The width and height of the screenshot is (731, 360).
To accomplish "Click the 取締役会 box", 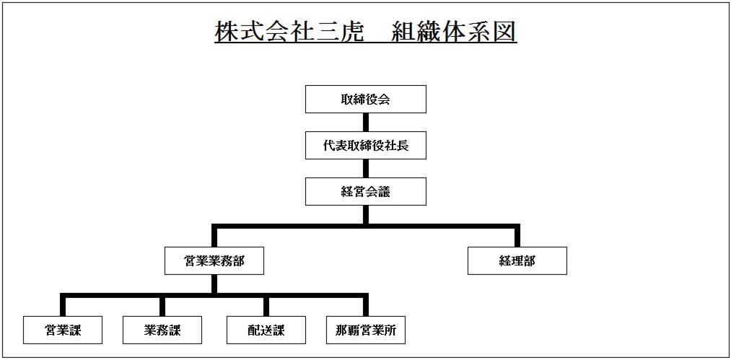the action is click(x=365, y=99).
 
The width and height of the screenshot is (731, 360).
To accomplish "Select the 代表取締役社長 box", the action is click(x=365, y=145).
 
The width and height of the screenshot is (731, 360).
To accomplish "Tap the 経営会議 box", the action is click(x=365, y=191).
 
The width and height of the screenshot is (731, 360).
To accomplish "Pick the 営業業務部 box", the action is click(x=214, y=260).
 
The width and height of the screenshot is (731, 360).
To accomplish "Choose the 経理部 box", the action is click(x=517, y=260).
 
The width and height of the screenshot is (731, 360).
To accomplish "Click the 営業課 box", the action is click(x=63, y=330).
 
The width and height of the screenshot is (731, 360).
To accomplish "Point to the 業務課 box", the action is click(x=162, y=330).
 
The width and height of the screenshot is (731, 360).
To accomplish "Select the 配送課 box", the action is click(x=266, y=330).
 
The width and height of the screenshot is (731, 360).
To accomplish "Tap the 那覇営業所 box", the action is click(x=366, y=330).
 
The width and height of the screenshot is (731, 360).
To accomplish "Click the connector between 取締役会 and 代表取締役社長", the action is click(x=366, y=122).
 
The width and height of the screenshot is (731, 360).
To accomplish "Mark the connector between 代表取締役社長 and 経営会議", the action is click(x=366, y=168).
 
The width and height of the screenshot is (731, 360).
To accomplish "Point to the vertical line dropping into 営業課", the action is click(x=63, y=304).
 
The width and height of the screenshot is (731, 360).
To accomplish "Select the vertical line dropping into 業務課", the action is click(x=162, y=304).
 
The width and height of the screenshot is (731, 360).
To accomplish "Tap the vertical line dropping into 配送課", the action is click(x=266, y=304).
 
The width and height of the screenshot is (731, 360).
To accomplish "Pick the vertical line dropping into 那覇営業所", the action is click(x=366, y=304).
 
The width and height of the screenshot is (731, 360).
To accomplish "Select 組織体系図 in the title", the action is click(x=455, y=32).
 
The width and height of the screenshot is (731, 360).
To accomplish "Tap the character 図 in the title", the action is click(x=504, y=32).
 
